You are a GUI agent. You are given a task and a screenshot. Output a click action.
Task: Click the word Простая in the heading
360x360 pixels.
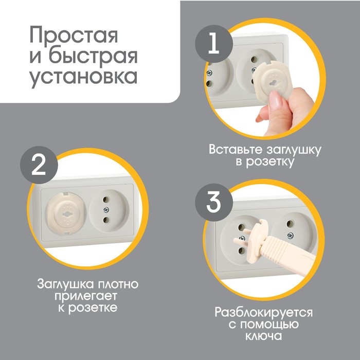tap(74, 35)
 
